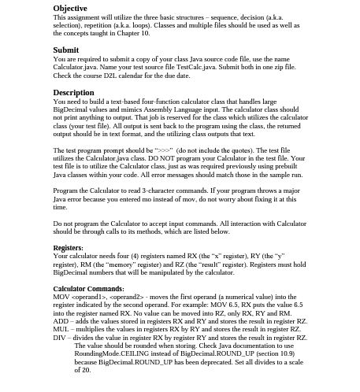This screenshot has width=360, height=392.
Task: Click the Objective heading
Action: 70,9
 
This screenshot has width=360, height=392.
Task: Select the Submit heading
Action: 65,50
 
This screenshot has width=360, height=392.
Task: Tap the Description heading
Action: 73,92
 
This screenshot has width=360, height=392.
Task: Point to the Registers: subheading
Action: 68,248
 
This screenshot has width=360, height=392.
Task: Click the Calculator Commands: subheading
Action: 88,289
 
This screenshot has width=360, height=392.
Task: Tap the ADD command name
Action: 61,321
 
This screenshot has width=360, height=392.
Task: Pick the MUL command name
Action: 61,329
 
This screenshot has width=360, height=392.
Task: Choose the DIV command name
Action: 60,337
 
